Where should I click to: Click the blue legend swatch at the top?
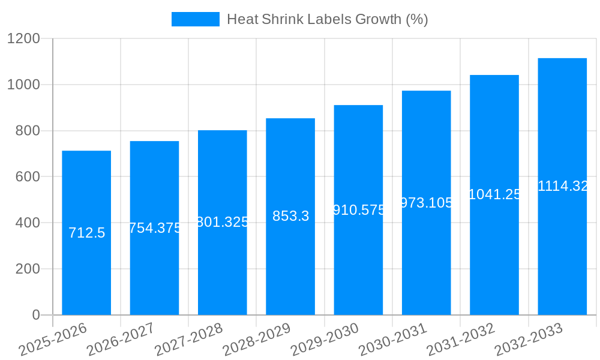pyautogui.click(x=195, y=19)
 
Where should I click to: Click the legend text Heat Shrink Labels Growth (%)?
pyautogui.click(x=327, y=19)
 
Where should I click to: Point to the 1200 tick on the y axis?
pyautogui.click(x=23, y=39)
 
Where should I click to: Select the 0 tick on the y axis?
pyautogui.click(x=35, y=315)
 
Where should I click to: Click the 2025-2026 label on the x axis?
pyautogui.click(x=53, y=340)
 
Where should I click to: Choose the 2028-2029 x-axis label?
pyautogui.click(x=257, y=340)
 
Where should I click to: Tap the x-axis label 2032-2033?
pyautogui.click(x=529, y=340)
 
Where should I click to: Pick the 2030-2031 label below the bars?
pyautogui.click(x=393, y=340)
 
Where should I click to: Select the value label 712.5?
pyautogui.click(x=86, y=233)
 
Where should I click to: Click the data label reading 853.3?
pyautogui.click(x=290, y=216)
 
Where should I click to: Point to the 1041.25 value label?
pyautogui.click(x=494, y=194)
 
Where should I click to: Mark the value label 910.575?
pyautogui.click(x=359, y=210)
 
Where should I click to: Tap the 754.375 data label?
pyautogui.click(x=155, y=228)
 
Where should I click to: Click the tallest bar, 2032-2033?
pyautogui.click(x=562, y=252)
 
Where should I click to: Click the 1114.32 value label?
pyautogui.click(x=563, y=186)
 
